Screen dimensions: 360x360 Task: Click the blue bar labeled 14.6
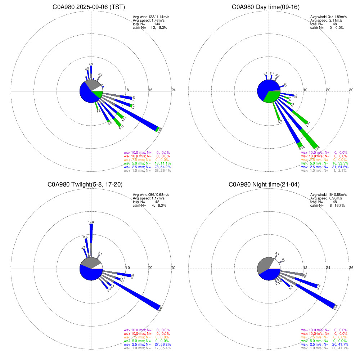pos(91,238)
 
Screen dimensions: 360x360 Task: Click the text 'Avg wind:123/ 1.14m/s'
pos(149,17)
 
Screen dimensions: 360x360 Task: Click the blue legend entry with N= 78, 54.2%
pos(146,167)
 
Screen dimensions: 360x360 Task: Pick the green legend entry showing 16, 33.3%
pos(324,163)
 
